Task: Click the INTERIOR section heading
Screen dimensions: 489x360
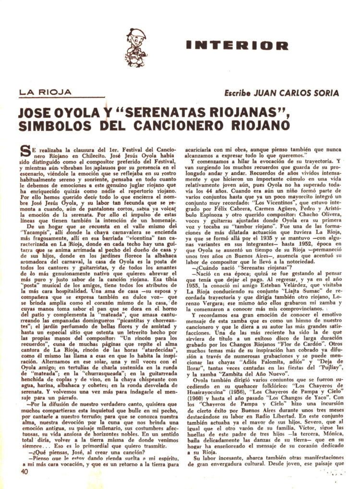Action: [238, 46]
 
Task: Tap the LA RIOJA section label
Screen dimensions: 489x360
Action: [46, 92]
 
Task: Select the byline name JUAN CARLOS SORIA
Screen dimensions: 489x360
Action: [297, 93]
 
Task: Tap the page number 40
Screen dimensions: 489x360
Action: [24, 471]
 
